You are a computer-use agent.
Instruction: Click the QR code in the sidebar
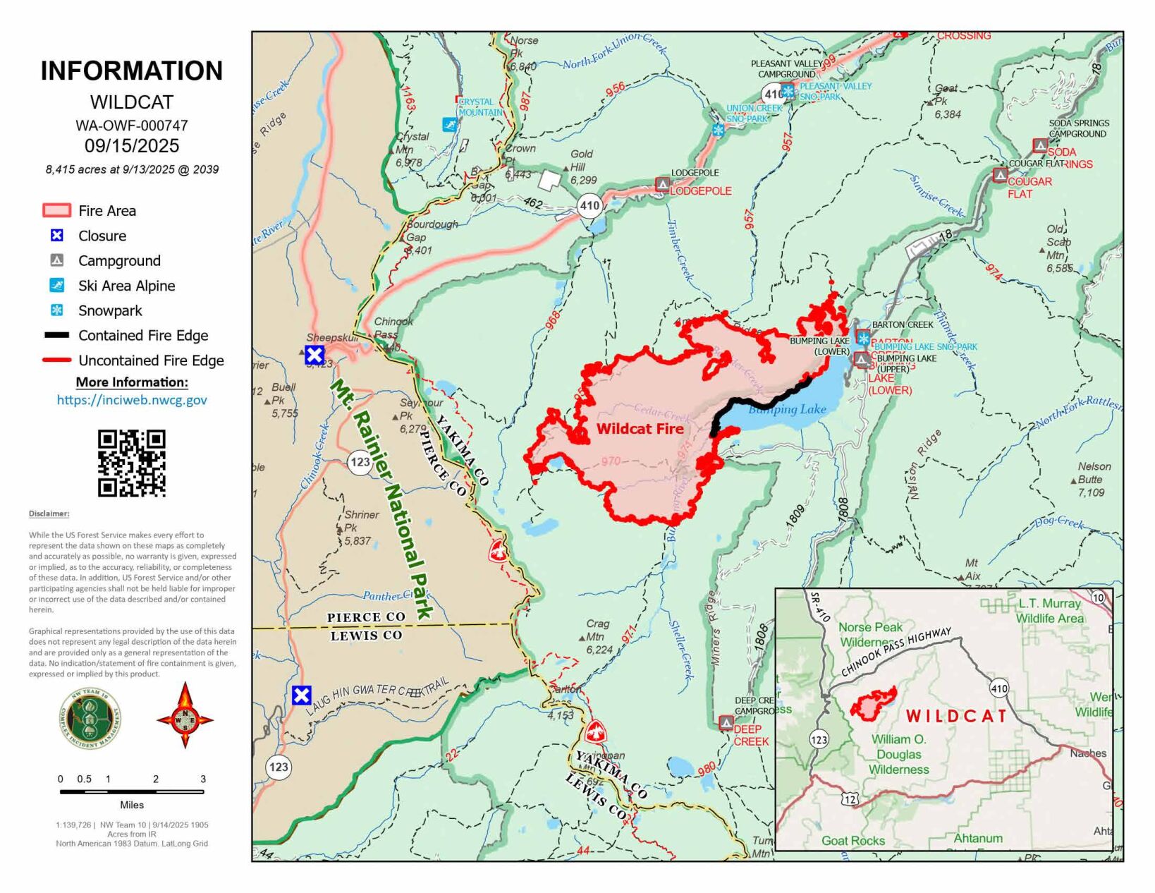pyautogui.click(x=132, y=463)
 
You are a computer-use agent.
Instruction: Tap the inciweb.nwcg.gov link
pyautogui.click(x=132, y=400)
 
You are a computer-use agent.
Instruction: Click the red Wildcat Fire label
pyautogui.click(x=640, y=429)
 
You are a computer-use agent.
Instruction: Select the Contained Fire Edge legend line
pyautogui.click(x=57, y=336)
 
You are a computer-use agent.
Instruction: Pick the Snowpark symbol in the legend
pyautogui.click(x=57, y=310)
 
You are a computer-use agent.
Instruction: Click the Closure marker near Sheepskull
pyautogui.click(x=314, y=355)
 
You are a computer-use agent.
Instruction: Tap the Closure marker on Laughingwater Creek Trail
pyautogui.click(x=302, y=695)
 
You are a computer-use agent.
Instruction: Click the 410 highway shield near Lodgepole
pyautogui.click(x=589, y=206)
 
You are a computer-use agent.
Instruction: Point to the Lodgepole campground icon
pyautogui.click(x=662, y=184)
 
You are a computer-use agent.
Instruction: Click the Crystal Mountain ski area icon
pyautogui.click(x=449, y=125)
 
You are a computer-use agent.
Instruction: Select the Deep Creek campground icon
pyautogui.click(x=726, y=723)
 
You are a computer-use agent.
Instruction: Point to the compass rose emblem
pyautogui.click(x=185, y=715)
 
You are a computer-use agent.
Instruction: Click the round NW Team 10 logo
pyautogui.click(x=90, y=719)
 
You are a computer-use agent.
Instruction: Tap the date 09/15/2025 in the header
pyautogui.click(x=132, y=146)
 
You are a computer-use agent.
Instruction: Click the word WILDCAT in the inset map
pyautogui.click(x=956, y=716)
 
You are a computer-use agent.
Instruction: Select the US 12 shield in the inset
pyautogui.click(x=850, y=799)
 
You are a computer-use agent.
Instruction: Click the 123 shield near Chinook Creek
pyautogui.click(x=360, y=462)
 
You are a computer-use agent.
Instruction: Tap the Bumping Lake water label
pyautogui.click(x=787, y=410)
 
